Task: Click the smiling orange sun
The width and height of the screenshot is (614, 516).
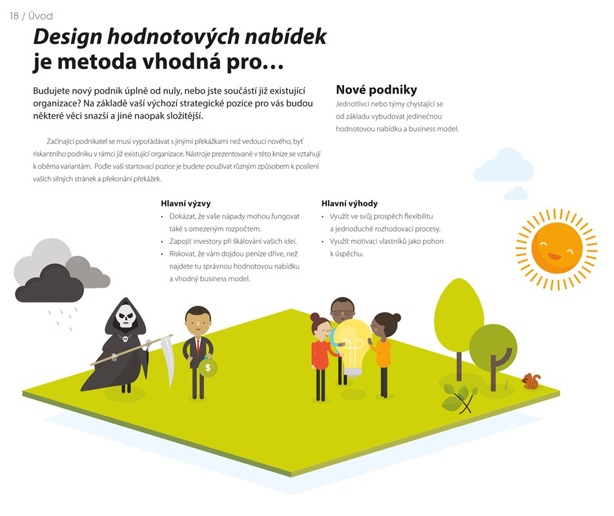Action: (557, 249)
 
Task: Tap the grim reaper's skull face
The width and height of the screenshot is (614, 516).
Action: (125, 315)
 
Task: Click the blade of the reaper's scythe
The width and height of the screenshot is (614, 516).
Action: (169, 359)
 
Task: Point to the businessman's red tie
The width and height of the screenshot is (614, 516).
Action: (198, 346)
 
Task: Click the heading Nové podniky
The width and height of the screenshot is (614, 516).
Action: (376, 90)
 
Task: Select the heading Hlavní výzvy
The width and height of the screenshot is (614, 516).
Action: (185, 203)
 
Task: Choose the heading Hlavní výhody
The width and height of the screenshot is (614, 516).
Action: (349, 203)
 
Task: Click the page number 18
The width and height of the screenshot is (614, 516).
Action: (14, 16)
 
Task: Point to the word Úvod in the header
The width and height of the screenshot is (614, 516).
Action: (40, 15)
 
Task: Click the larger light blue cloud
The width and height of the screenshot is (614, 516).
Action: (504, 165)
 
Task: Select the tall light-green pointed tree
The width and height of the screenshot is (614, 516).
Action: (458, 317)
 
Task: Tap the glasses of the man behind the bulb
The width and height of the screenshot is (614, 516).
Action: (343, 313)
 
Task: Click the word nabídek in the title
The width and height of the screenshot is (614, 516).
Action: (285, 37)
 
